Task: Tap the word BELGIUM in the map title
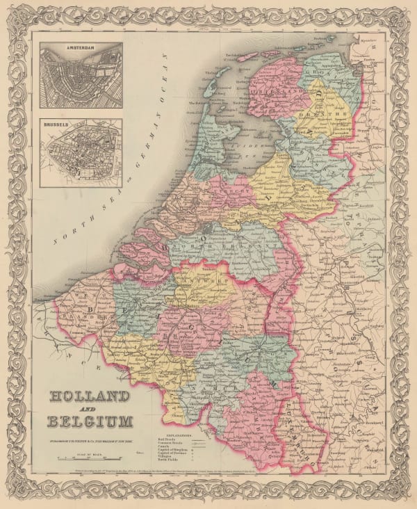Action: point(90,421)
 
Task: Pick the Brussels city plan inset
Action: point(81,155)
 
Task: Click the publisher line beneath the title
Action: point(90,437)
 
